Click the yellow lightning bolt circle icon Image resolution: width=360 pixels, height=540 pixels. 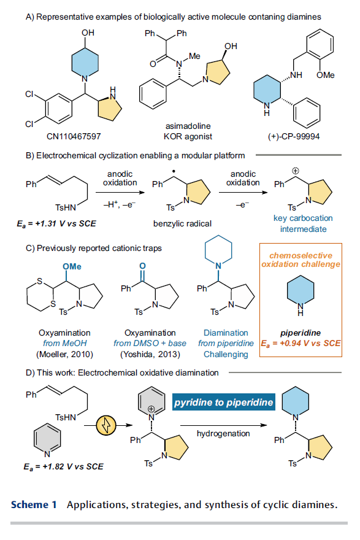tap(106, 425)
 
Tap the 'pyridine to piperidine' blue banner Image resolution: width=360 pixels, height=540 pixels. tap(224, 402)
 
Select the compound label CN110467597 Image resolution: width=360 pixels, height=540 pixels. tap(74, 136)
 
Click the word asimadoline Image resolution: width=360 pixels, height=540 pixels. tap(188, 126)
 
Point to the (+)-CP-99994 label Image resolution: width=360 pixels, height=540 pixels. tap(294, 136)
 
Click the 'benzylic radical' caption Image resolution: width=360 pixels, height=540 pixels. tap(182, 224)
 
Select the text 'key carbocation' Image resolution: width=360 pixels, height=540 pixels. tap(303, 218)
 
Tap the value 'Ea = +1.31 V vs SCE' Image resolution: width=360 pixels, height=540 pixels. tap(56, 224)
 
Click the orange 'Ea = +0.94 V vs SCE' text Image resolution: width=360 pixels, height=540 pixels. tap(301, 344)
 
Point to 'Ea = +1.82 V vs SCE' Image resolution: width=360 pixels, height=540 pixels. tap(63, 466)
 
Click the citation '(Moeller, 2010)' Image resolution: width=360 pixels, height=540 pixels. tap(65, 355)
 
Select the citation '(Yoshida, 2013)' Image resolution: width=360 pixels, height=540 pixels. tap(150, 355)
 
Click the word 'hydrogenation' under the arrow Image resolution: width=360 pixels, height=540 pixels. tap(223, 434)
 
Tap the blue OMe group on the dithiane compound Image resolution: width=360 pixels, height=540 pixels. tap(72, 266)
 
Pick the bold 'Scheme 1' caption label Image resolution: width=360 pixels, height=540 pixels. tap(34, 504)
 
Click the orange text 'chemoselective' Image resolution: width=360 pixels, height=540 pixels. tap(301, 255)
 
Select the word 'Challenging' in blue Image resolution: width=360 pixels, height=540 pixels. tap(226, 355)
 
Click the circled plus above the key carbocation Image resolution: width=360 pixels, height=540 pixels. tap(295, 171)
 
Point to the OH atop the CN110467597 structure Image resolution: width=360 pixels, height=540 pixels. tap(88, 33)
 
